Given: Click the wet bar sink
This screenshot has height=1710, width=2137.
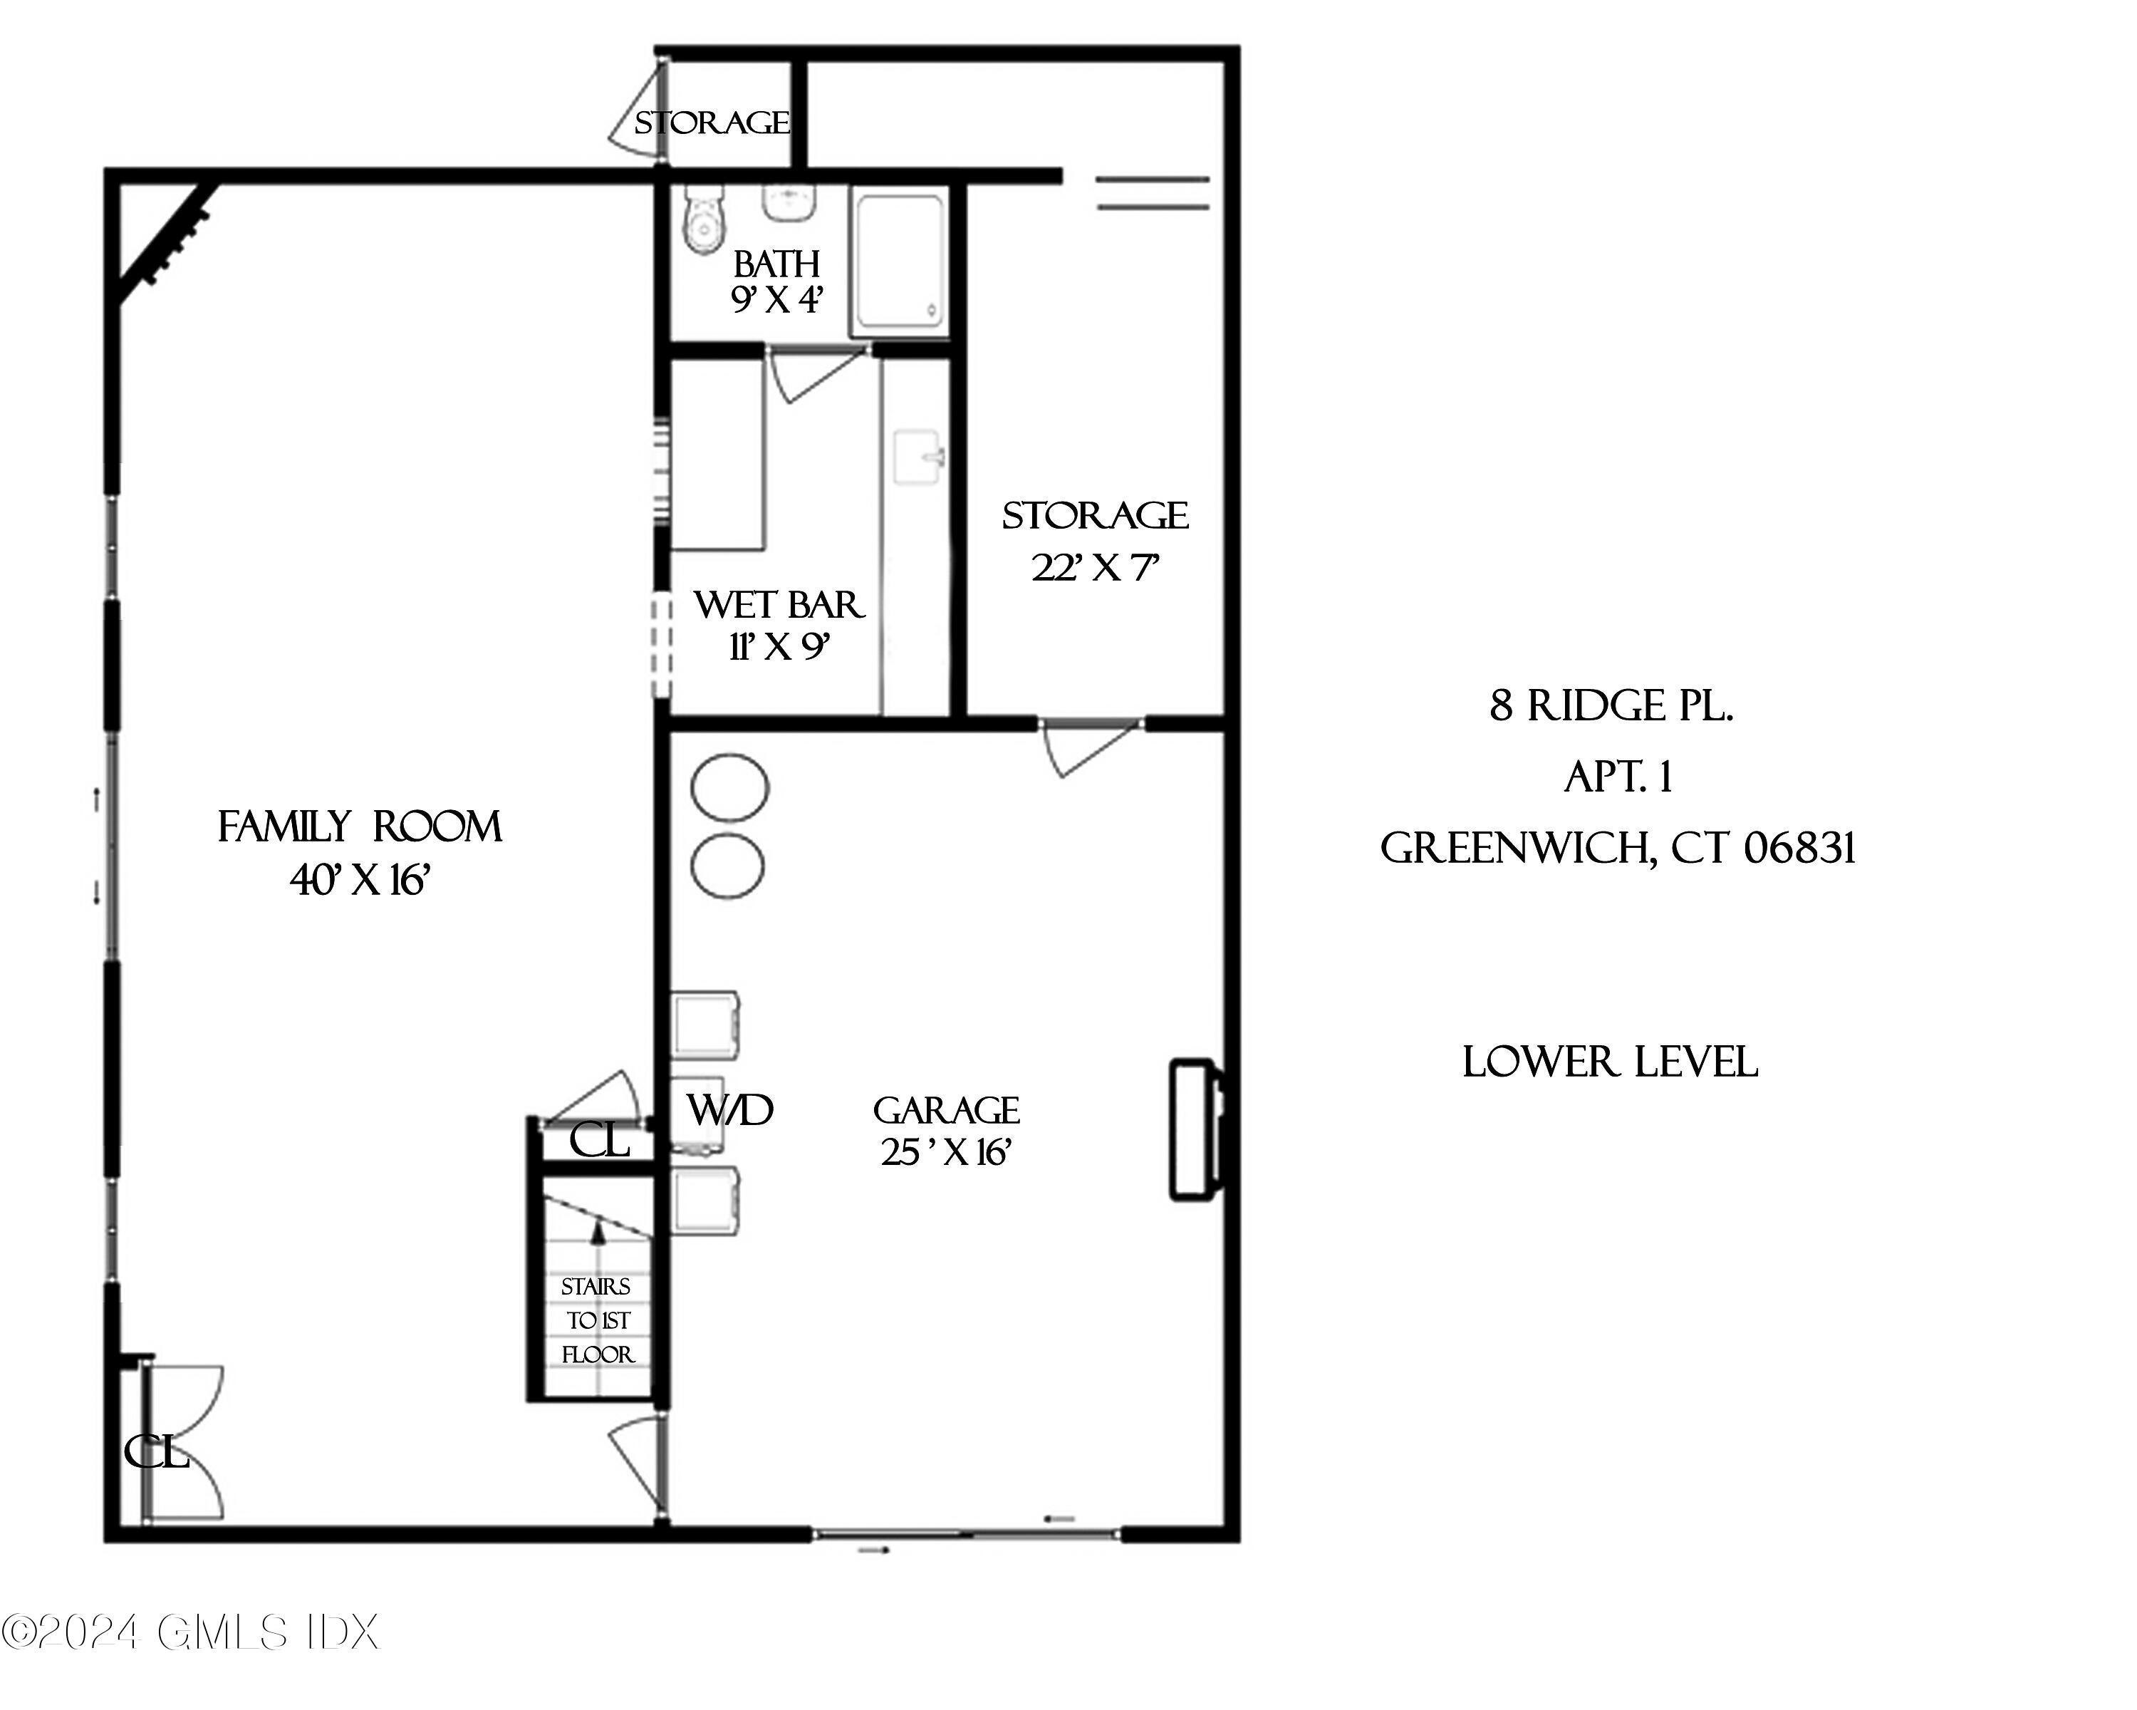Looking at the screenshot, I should pos(917,457).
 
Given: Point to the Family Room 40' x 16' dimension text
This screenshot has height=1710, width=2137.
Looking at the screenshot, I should pos(359,880).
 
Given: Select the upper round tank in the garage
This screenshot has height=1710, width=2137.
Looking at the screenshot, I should pos(729,787).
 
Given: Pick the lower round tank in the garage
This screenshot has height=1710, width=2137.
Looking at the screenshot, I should pos(727,866).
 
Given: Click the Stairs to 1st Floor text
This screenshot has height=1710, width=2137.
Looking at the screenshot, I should pos(597,1320).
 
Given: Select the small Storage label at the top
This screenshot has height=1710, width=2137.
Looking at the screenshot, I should pos(712,123).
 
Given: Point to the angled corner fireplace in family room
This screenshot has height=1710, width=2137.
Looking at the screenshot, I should pos(165,244).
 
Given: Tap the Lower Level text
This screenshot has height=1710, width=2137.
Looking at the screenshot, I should pos(1610,1062).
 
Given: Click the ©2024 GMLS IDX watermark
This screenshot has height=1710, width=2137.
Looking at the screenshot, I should pos(190,1632).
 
